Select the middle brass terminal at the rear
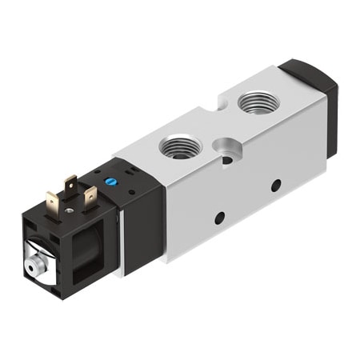(x=71, y=186)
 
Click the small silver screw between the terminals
(x=70, y=210)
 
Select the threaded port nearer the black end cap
(x=257, y=102)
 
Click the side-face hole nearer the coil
(x=218, y=217)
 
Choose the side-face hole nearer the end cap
(x=275, y=186)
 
